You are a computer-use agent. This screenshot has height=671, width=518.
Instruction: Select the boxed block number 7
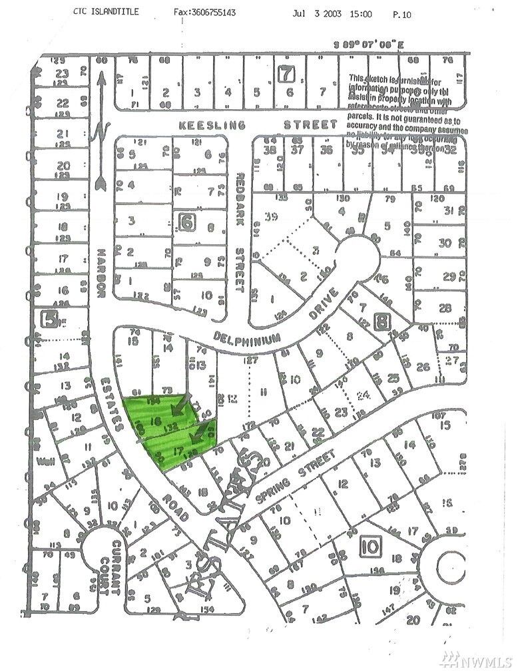coord(287,75)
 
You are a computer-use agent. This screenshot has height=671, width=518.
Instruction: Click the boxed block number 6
coord(187,223)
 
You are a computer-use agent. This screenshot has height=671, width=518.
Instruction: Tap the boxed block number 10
coord(369,547)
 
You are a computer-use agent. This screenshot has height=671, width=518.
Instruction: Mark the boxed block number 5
coord(47,318)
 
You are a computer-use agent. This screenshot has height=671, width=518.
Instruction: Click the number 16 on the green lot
coord(158,422)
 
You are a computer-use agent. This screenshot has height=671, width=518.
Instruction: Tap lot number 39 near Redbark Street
coord(270,216)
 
